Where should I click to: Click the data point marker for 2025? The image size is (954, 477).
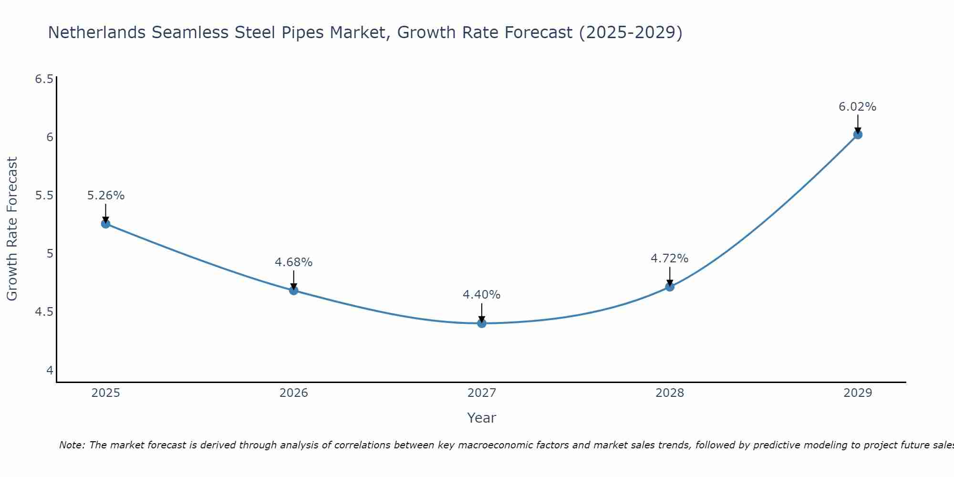coord(105,224)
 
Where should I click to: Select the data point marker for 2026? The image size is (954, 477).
coord(294,290)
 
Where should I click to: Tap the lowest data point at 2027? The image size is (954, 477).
coord(482,323)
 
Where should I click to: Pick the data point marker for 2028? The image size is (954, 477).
coord(670,287)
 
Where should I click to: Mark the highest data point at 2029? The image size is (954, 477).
coord(858,135)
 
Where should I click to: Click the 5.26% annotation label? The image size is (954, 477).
coord(106,196)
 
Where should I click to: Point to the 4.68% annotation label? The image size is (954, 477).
coord(294,262)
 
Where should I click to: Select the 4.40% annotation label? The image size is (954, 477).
coord(482,295)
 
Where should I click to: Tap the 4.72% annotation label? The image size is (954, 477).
coord(670,259)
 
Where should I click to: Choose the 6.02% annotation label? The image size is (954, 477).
coord(858,107)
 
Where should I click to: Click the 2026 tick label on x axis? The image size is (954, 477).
coord(294,393)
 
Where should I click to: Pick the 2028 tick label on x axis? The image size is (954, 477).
coord(670,393)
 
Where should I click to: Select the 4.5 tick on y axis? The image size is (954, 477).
coord(44,312)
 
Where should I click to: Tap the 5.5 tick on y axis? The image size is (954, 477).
coord(44,196)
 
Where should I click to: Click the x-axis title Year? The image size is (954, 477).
coord(482,418)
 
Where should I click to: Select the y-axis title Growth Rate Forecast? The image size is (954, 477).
coord(12,229)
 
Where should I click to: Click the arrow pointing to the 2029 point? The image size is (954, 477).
coord(858,124)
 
